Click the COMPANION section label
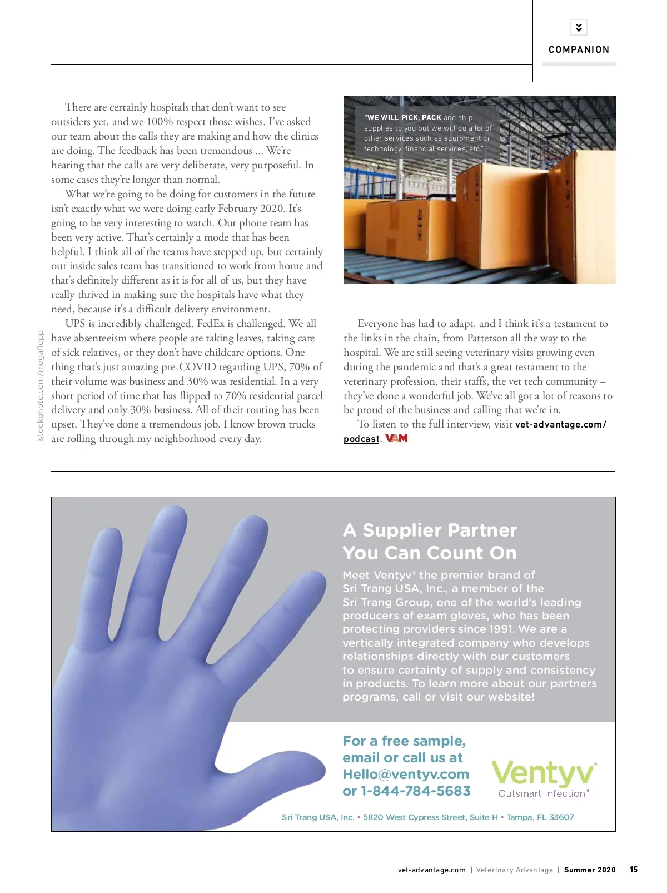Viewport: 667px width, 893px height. [x=579, y=49]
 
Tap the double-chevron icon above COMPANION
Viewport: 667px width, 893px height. [x=579, y=27]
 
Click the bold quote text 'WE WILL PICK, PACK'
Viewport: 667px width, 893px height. [x=404, y=118]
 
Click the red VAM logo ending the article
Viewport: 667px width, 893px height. [x=397, y=439]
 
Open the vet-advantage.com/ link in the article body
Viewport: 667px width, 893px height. [x=560, y=425]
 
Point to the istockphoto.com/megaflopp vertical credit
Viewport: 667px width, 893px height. [x=40, y=386]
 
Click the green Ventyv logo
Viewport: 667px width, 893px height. [x=544, y=773]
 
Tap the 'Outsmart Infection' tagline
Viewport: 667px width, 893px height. [x=542, y=793]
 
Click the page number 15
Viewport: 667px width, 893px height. [x=634, y=870]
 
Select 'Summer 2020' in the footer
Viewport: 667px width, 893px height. [x=590, y=870]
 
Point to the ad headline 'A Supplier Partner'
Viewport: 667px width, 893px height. [x=430, y=530]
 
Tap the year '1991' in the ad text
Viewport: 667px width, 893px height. [x=501, y=629]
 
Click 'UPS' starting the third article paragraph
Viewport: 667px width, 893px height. [x=75, y=324]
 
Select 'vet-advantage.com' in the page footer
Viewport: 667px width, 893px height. [x=431, y=870]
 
